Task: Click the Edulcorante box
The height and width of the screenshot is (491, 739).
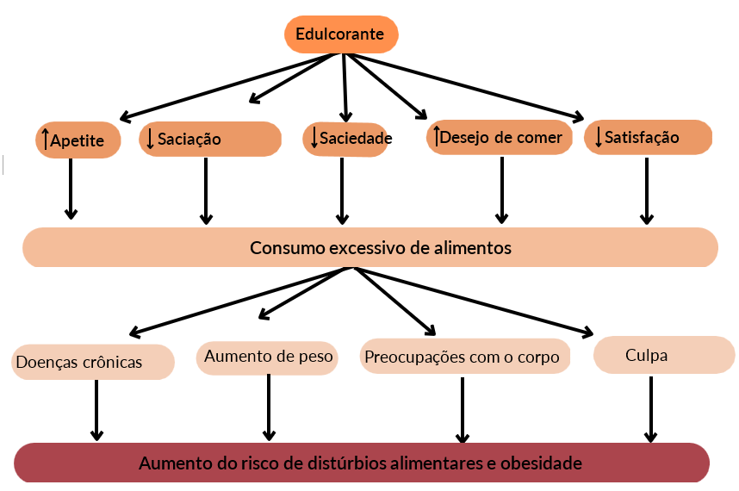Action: pyautogui.click(x=341, y=34)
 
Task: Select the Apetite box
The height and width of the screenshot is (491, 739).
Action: pyautogui.click(x=78, y=140)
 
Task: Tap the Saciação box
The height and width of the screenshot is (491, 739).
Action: pyautogui.click(x=210, y=139)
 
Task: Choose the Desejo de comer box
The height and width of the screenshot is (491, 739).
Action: pyautogui.click(x=500, y=137)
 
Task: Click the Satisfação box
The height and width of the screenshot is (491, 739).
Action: pyautogui.click(x=648, y=138)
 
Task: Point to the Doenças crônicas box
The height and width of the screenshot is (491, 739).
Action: pyautogui.click(x=93, y=362)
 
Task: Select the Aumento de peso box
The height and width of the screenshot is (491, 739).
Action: pyautogui.click(x=268, y=356)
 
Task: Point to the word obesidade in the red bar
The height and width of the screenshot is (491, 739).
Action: pyautogui.click(x=540, y=463)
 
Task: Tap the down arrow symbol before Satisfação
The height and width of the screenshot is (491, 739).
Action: pyautogui.click(x=598, y=138)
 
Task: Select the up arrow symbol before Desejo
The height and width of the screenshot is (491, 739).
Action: pyautogui.click(x=437, y=136)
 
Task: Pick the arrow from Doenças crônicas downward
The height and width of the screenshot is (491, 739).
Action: pyautogui.click(x=96, y=410)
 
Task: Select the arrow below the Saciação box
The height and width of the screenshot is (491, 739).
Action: pyautogui.click(x=206, y=191)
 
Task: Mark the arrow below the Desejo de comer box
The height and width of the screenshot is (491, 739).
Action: pyautogui.click(x=500, y=191)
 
